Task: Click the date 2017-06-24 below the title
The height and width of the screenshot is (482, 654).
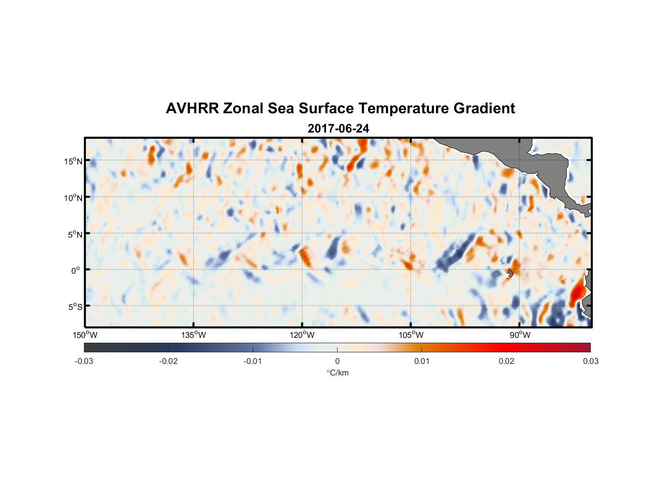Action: pos(338,129)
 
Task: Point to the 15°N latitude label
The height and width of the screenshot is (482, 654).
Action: pos(73,161)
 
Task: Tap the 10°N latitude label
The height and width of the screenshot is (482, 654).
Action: pos(73,198)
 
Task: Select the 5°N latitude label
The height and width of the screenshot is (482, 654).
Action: pos(74,234)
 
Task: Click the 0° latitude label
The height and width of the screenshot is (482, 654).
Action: pos(76,270)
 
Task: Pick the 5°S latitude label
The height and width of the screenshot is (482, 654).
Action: pos(74,307)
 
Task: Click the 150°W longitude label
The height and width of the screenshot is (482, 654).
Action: pos(85,335)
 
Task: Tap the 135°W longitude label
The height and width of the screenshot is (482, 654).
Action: pos(193,335)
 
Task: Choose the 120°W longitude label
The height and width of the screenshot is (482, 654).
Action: pos(302,335)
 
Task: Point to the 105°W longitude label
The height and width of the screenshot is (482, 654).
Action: pos(411,335)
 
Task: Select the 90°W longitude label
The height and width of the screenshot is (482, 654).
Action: pos(519,335)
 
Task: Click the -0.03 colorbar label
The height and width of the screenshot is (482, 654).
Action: pos(84,361)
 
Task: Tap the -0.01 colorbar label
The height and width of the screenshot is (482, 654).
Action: pos(253,361)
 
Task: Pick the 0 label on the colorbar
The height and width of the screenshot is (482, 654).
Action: pos(337,361)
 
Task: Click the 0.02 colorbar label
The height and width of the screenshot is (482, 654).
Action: pos(506,361)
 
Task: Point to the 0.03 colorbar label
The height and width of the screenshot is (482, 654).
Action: pos(590,361)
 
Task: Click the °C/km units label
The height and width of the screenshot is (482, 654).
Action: pos(337,373)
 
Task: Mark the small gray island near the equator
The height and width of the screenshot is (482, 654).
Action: pos(510,273)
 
